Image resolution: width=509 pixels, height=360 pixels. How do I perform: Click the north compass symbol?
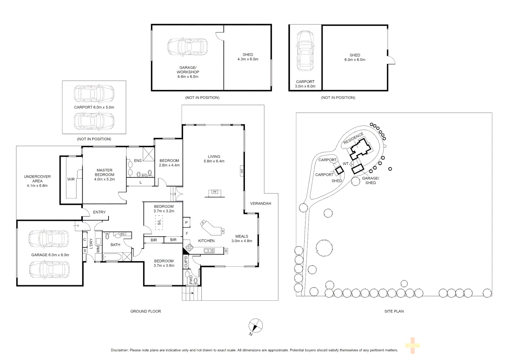255,326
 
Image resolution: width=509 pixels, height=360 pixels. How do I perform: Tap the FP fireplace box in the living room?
215,192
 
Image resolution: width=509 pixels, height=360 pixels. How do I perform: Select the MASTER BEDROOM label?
105,172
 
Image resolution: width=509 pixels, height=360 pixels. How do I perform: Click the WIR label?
71,179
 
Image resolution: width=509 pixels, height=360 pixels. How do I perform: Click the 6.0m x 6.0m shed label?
355,60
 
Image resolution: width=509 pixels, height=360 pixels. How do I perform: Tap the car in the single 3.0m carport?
305,51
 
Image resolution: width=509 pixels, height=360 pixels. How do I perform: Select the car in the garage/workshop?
188,47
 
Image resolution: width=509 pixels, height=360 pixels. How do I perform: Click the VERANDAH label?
260,203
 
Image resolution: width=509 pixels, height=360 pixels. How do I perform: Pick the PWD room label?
191,280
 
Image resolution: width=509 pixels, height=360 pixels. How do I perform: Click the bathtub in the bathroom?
112,257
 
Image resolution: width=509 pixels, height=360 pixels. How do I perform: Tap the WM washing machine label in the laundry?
98,249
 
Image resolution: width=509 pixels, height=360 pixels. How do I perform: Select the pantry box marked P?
187,223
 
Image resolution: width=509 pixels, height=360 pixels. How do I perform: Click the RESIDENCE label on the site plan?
353,138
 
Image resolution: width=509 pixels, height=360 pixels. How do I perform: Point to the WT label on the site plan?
346,164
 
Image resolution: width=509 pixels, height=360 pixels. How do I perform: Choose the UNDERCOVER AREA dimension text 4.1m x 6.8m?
37,186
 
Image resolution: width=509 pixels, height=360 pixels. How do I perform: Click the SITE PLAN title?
394,311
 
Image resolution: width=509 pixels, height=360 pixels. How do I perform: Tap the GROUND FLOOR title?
146,311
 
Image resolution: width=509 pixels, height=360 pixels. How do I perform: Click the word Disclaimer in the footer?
119,350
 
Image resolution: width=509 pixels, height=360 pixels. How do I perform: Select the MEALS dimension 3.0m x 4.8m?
242,241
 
